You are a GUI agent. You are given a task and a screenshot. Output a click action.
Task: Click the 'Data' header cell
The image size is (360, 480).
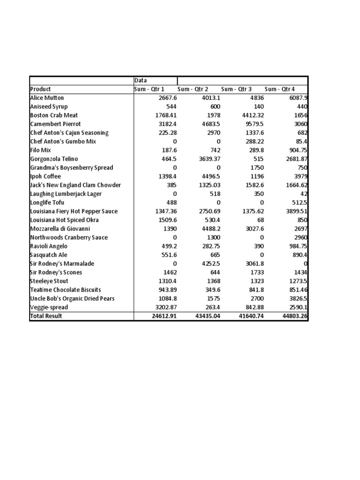pyautogui.click(x=141, y=81)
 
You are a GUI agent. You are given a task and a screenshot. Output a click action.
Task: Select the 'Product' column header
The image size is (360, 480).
pyautogui.click(x=41, y=89)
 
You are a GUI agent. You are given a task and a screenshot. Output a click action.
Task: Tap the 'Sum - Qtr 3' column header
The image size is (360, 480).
pyautogui.click(x=236, y=89)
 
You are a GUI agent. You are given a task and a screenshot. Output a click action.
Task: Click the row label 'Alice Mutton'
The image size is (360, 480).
pyautogui.click(x=47, y=98)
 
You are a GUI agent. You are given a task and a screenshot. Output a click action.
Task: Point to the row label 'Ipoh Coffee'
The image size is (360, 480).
pyautogui.click(x=45, y=176)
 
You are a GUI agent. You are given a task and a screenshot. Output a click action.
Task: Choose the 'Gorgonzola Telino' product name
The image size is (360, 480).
pyautogui.click(x=54, y=159)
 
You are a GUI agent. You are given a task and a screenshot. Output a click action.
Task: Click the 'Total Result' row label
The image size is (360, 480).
pyautogui.click(x=46, y=316)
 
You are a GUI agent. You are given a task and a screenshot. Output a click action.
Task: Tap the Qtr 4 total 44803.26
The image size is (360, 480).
pyautogui.click(x=294, y=316)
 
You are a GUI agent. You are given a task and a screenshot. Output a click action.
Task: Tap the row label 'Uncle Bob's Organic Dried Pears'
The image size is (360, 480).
pyautogui.click(x=72, y=299)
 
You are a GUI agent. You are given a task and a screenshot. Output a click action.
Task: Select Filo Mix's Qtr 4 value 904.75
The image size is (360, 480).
pyautogui.click(x=297, y=150)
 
